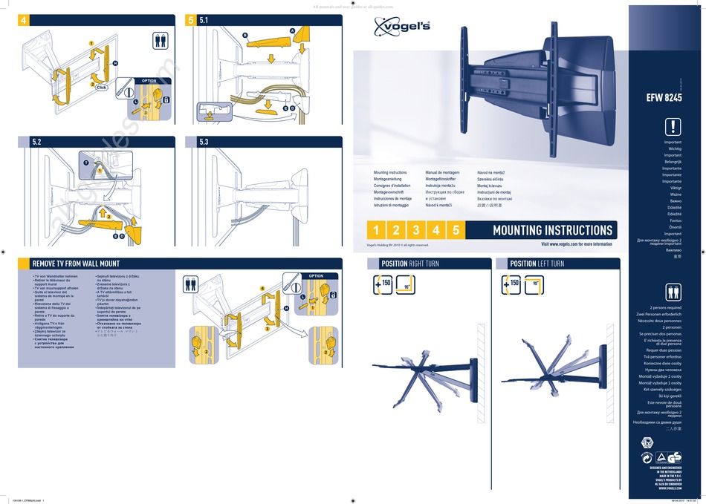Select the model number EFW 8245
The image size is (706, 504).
[664, 97]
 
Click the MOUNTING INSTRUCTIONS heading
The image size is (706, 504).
[552, 230]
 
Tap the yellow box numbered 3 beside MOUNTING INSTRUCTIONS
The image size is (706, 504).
[416, 230]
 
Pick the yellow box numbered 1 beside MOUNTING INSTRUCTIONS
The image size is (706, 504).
[377, 230]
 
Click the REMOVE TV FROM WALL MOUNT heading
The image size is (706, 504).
[75, 264]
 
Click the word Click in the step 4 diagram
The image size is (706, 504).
[102, 88]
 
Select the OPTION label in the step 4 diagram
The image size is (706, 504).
[149, 80]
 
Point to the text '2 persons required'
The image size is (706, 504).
[665, 307]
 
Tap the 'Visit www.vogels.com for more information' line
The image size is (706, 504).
[576, 244]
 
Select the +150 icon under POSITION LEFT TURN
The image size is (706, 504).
[511, 283]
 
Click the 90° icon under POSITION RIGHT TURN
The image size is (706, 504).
[407, 284]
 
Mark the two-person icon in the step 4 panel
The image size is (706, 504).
[160, 40]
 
